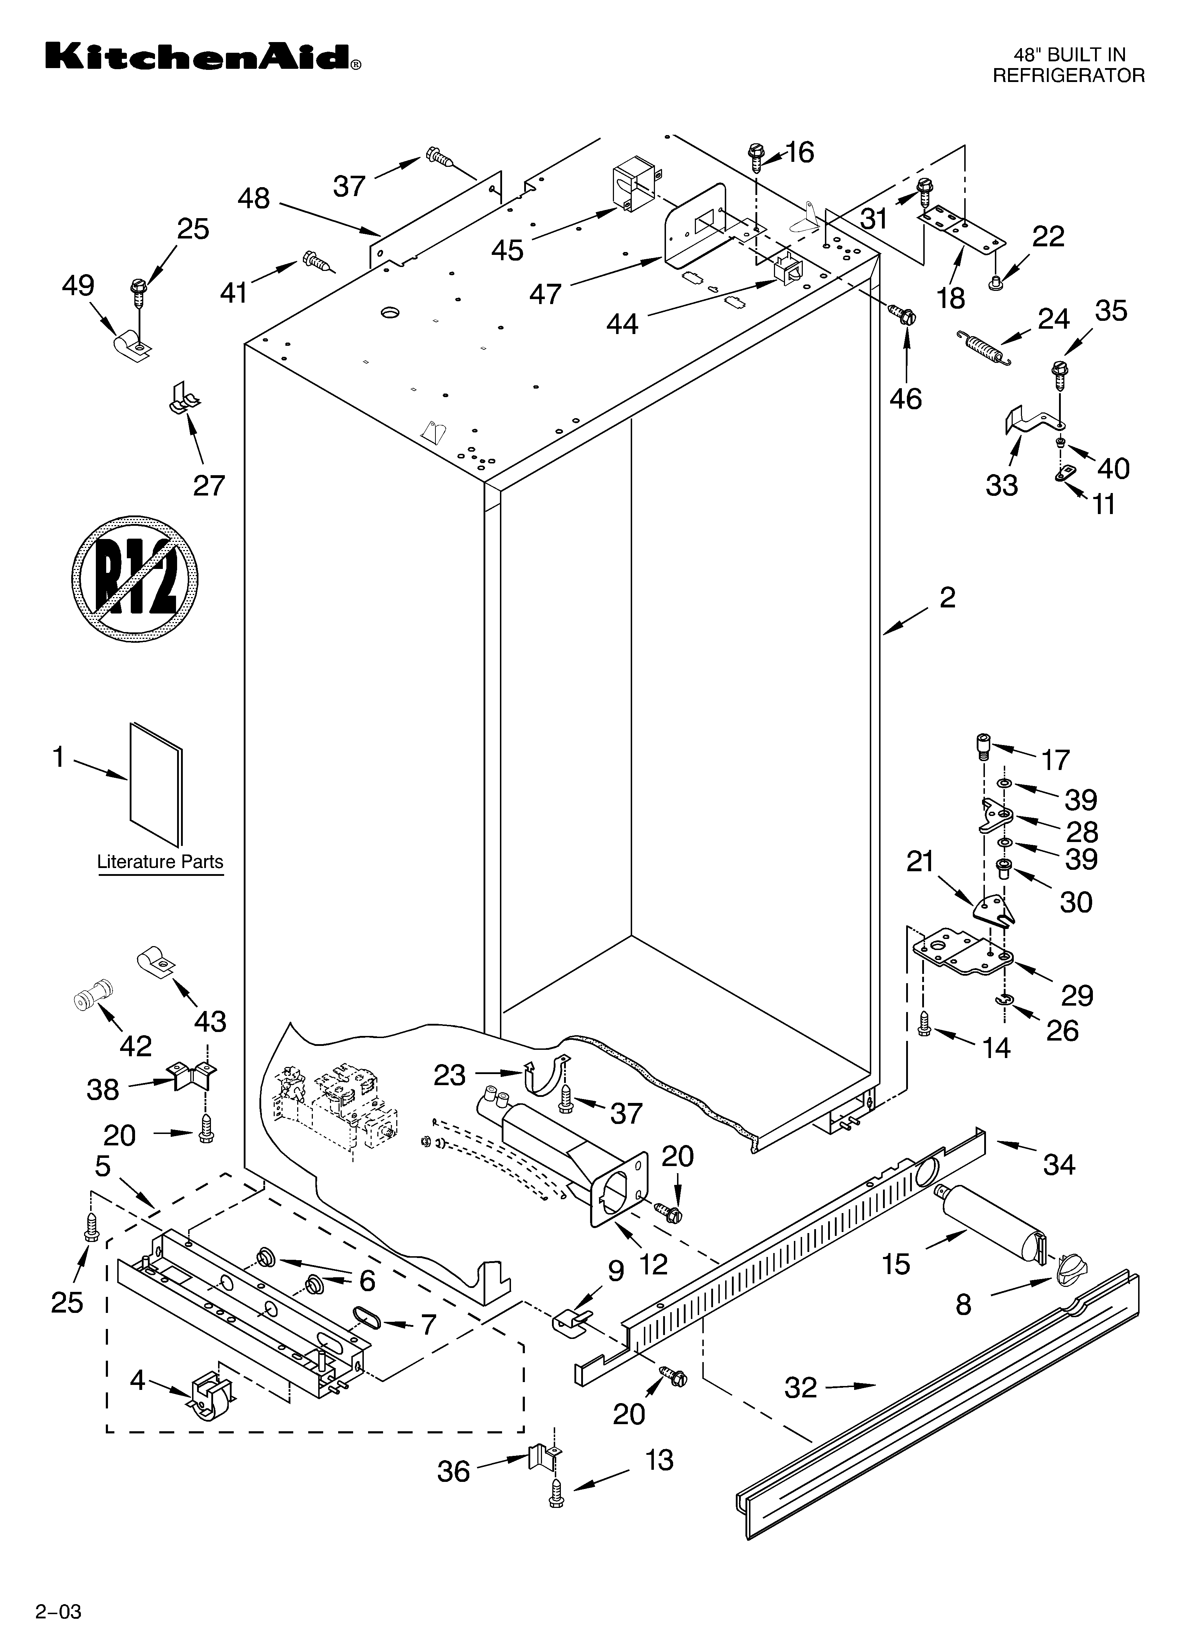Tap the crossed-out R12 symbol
click(x=135, y=579)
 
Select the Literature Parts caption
click(x=161, y=862)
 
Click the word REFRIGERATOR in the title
click(x=1069, y=75)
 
